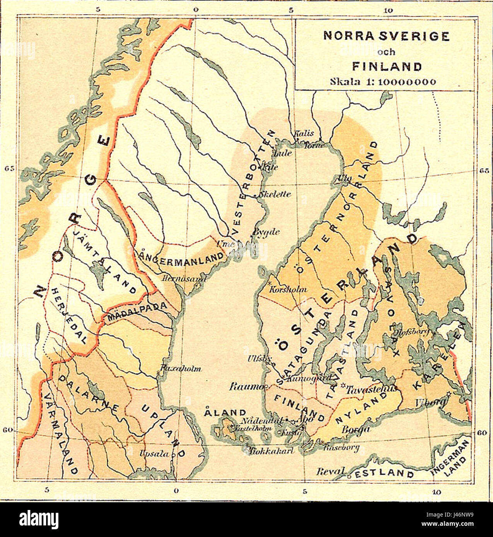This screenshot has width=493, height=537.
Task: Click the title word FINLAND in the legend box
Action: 386,66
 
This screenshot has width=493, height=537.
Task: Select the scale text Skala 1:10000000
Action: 383,82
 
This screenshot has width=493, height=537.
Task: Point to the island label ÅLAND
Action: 225,412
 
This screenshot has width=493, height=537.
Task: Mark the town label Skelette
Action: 276,195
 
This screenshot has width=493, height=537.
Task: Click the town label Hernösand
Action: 185,278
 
